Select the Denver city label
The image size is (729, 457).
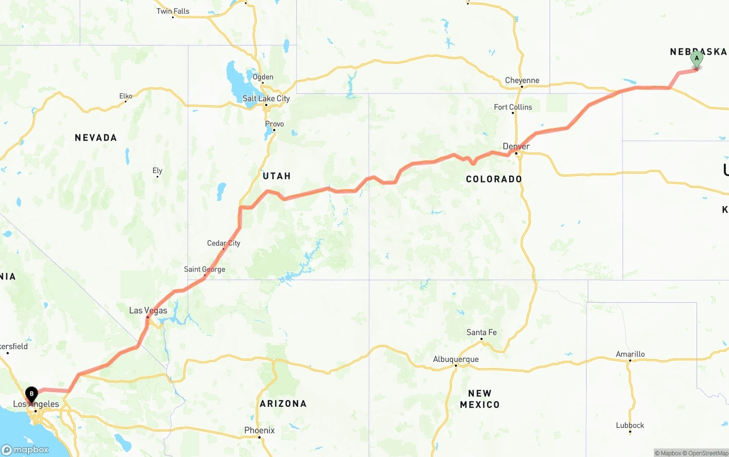click(516, 146)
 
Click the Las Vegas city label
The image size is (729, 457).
click(148, 310)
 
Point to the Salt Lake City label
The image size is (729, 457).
click(266, 98)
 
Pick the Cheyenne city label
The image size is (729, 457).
click(522, 80)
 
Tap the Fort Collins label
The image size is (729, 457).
click(513, 107)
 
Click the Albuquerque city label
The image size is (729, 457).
click(456, 359)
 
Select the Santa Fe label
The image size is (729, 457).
click(481, 332)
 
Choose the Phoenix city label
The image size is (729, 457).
click(260, 430)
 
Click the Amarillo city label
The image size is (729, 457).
click(630, 354)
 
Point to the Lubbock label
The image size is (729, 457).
click(630, 425)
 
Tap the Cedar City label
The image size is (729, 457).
click(223, 243)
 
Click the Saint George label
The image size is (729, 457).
click(204, 269)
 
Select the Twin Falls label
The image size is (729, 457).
click(173, 11)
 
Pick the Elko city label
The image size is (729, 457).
click(126, 96)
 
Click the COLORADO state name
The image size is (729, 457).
click(494, 179)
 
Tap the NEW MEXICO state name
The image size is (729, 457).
click(480, 399)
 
